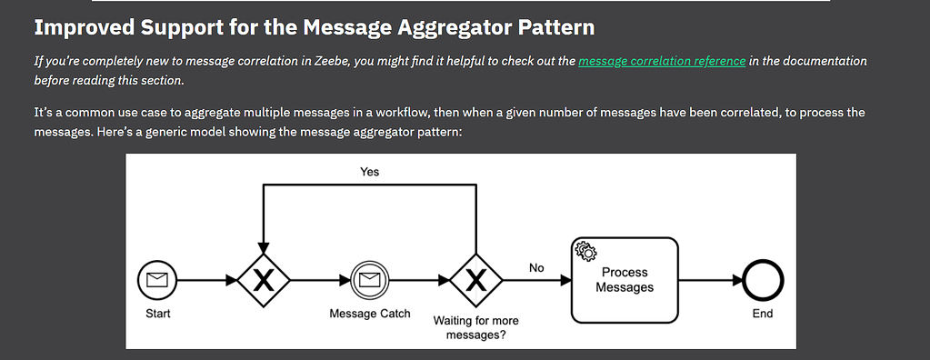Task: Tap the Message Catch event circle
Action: (x=369, y=282)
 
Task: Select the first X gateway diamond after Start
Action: (x=264, y=282)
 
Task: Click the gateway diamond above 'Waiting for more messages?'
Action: (x=475, y=282)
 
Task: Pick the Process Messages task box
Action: (x=625, y=280)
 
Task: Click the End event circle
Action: (x=762, y=282)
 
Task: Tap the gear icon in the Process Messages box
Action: (x=585, y=250)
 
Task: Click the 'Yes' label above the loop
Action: (x=369, y=171)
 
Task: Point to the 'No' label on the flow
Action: (x=536, y=267)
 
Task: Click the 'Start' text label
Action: (x=158, y=314)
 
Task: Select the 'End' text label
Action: (x=763, y=314)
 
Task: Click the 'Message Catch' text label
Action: (x=369, y=314)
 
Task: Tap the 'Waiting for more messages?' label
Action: (x=475, y=327)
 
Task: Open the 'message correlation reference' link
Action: (x=661, y=61)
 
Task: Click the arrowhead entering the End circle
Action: (x=738, y=282)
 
